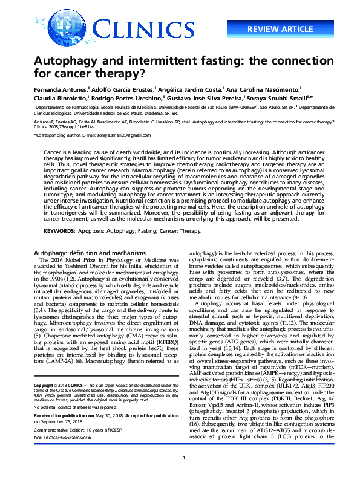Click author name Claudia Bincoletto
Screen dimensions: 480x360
[61, 97]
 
